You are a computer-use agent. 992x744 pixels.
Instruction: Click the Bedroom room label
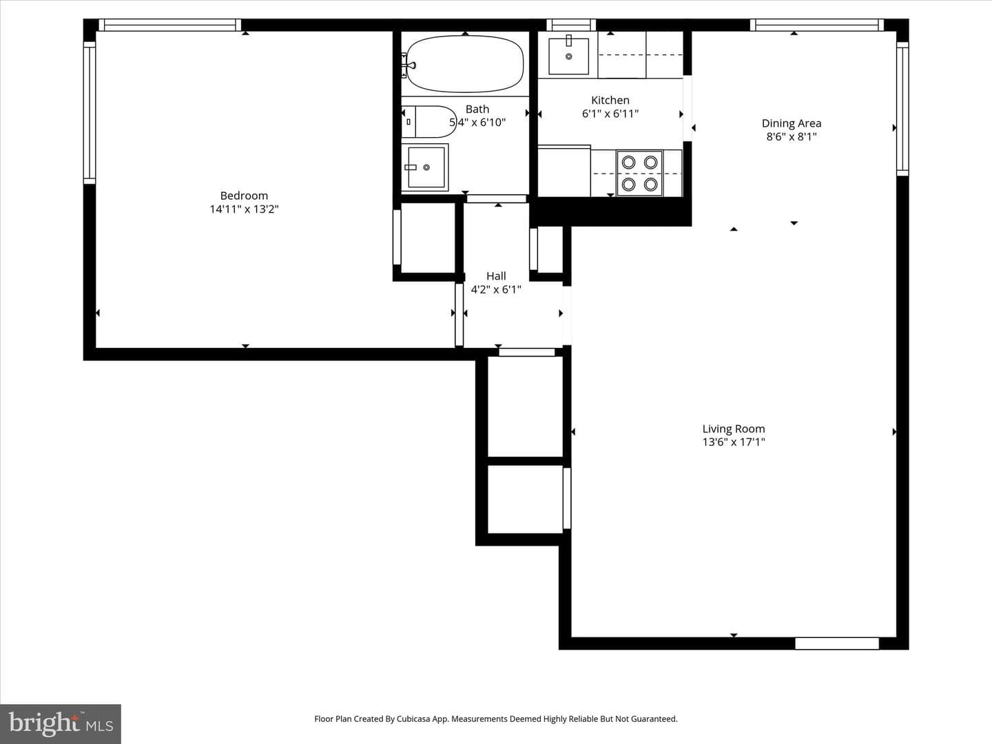click(x=244, y=196)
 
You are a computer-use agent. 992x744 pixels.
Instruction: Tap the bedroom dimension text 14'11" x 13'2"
click(x=244, y=209)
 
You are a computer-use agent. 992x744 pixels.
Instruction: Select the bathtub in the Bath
click(x=465, y=63)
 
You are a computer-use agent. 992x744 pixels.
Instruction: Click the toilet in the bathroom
click(x=429, y=122)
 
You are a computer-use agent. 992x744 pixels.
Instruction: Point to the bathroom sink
click(x=425, y=167)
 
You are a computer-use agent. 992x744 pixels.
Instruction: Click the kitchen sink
click(x=569, y=56)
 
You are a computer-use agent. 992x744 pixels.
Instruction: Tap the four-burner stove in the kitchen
click(x=639, y=174)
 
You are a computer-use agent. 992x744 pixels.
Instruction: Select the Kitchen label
click(x=610, y=101)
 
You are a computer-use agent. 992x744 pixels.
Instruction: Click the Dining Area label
click(x=792, y=123)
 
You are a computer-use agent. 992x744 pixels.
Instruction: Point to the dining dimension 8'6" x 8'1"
click(x=792, y=136)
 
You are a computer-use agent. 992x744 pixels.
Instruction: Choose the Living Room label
click(x=734, y=428)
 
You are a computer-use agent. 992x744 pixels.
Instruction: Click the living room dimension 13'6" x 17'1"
click(x=734, y=442)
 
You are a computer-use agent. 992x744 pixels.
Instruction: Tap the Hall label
click(x=496, y=276)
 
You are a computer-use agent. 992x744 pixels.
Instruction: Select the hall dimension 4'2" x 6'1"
click(x=496, y=289)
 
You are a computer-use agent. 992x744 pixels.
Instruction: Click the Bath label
click(x=477, y=110)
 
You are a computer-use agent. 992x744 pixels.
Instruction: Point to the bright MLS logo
click(x=61, y=723)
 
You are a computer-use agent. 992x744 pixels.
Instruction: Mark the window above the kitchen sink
click(x=571, y=25)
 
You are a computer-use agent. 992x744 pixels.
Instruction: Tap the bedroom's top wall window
click(x=169, y=25)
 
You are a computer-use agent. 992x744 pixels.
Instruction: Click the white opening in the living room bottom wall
click(x=837, y=643)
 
